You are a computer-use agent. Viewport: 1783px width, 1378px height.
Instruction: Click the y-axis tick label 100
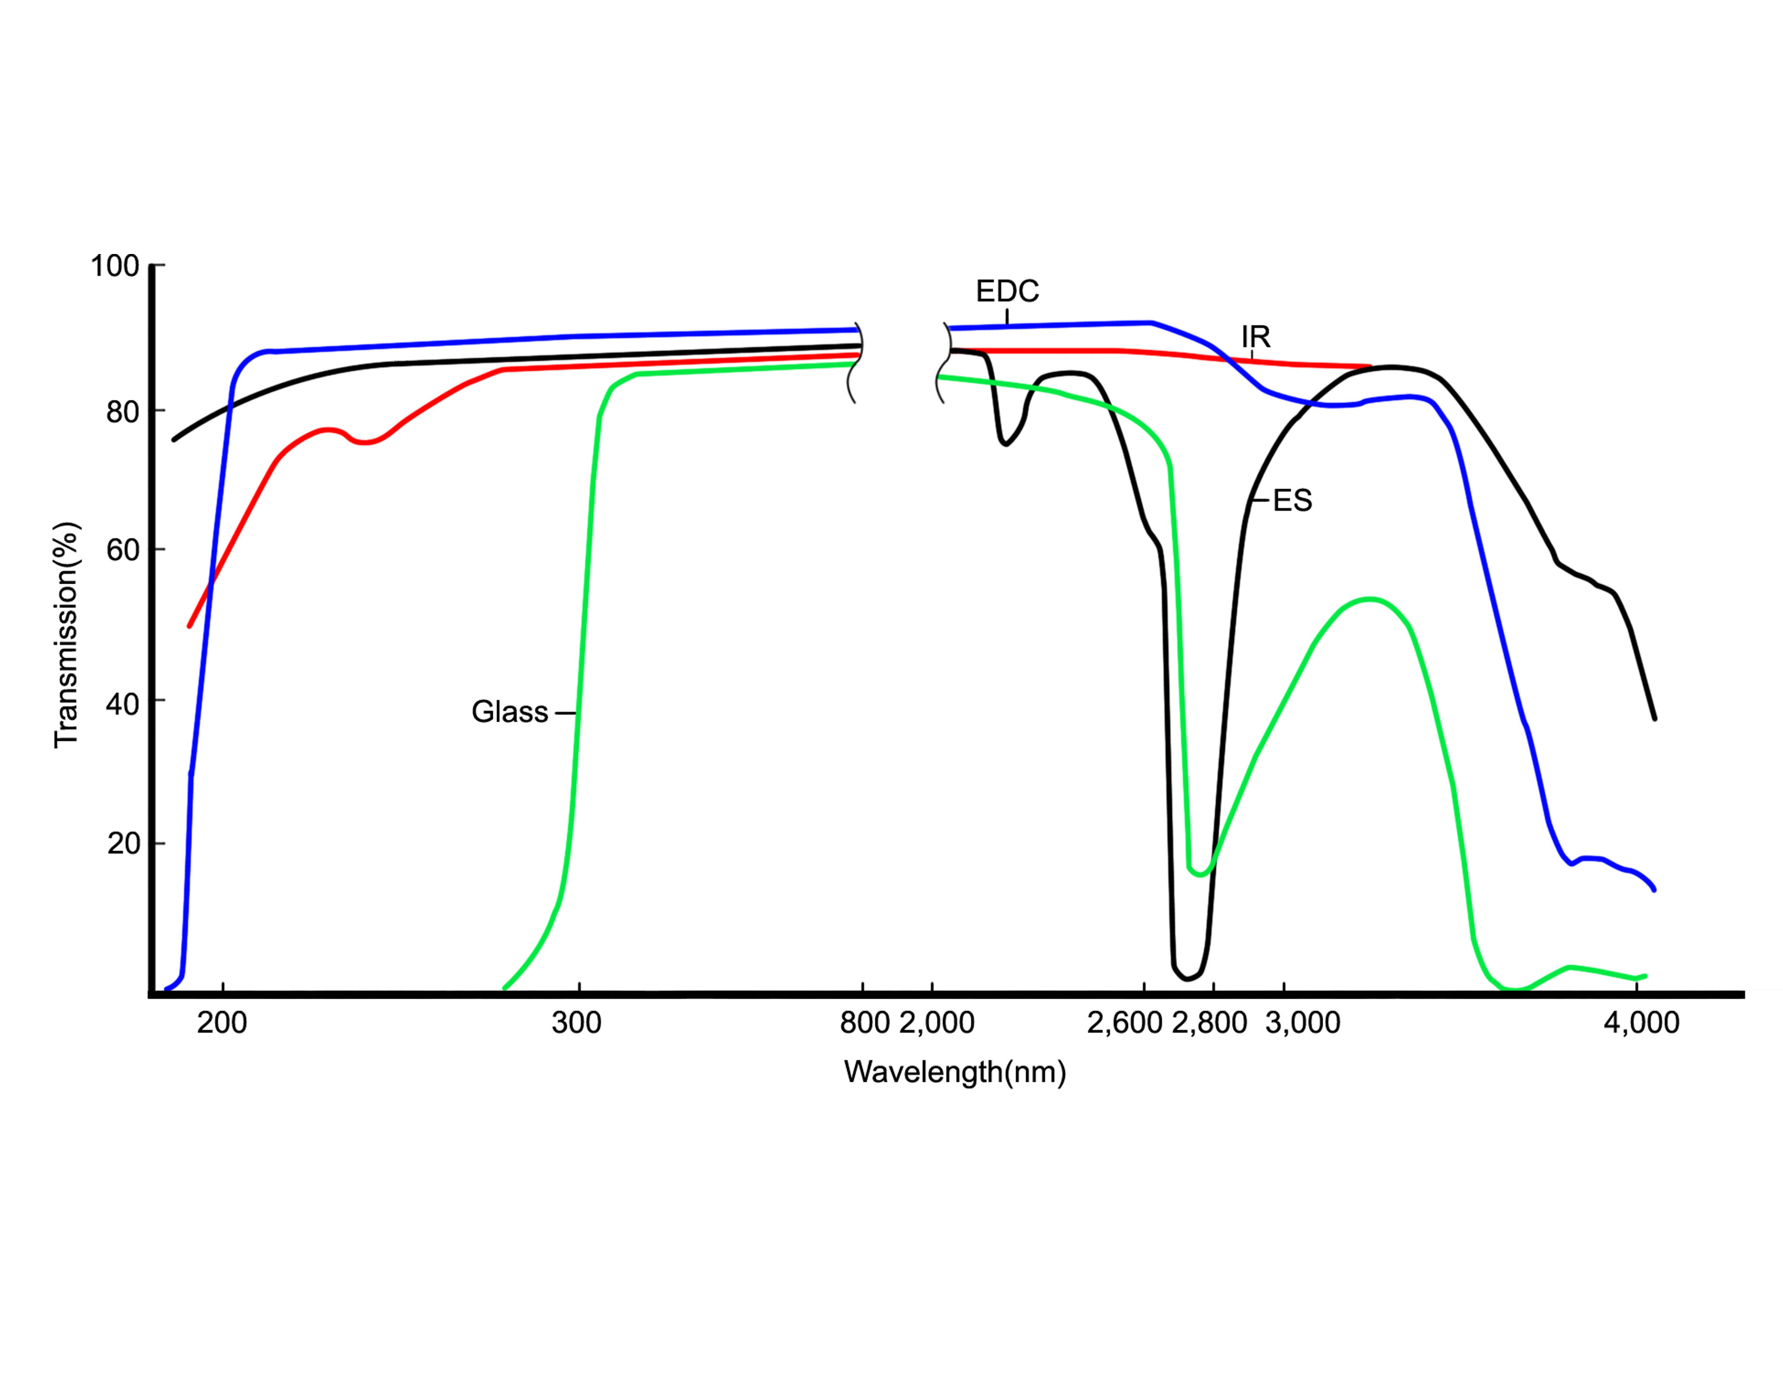(x=115, y=266)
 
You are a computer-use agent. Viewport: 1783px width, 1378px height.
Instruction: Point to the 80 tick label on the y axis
(x=123, y=412)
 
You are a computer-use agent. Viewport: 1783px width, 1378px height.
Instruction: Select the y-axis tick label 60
(x=123, y=551)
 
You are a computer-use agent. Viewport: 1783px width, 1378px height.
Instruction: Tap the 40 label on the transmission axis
(x=123, y=703)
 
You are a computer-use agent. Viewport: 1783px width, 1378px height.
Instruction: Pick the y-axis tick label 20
(x=123, y=844)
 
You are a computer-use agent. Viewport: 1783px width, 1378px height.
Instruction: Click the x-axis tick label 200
(x=222, y=1022)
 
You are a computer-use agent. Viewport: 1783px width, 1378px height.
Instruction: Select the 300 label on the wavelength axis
(x=577, y=1022)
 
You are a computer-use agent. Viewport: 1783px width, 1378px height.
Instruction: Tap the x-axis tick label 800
(x=864, y=1022)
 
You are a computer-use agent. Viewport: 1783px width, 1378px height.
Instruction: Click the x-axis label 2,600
(x=1124, y=1022)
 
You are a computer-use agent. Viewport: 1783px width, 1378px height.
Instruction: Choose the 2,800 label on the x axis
(x=1209, y=1022)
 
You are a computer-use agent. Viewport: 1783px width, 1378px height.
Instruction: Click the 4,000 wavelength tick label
(x=1641, y=1022)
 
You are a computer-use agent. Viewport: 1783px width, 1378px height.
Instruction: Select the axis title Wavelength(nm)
(x=955, y=1072)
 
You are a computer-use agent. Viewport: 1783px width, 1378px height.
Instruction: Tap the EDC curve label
(x=1008, y=291)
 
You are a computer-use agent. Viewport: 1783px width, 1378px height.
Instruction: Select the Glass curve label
(x=510, y=712)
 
